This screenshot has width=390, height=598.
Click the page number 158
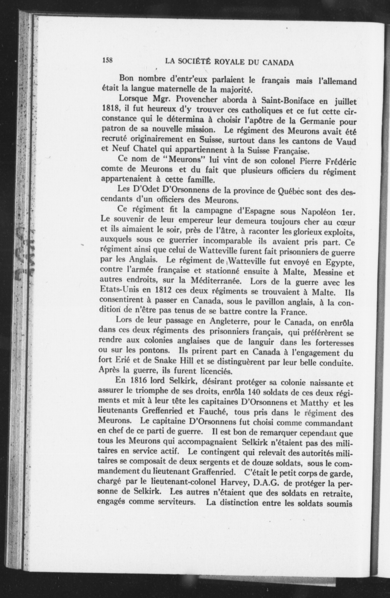tap(107, 61)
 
